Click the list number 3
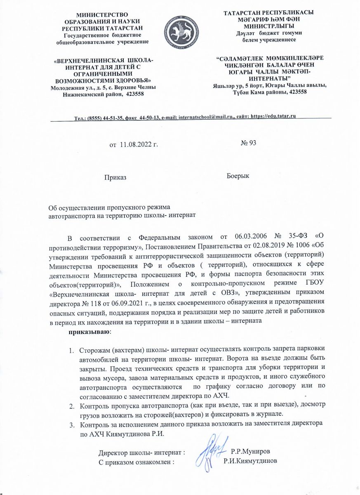pos(71,424)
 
